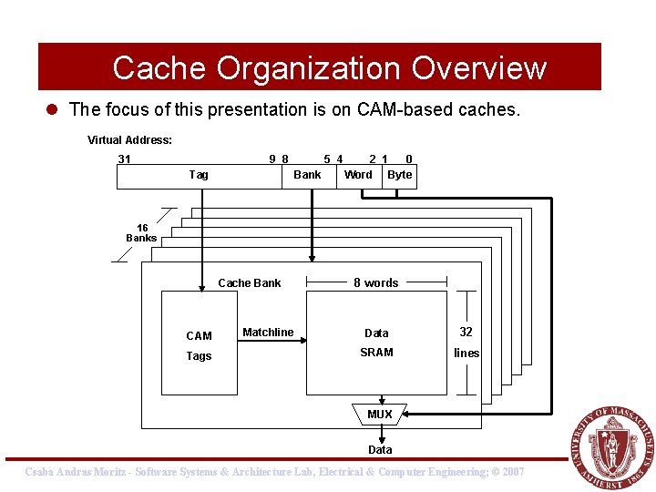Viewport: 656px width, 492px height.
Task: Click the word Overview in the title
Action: (478, 68)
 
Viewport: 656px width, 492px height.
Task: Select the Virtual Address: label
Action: (129, 140)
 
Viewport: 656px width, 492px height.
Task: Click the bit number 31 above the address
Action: (125, 159)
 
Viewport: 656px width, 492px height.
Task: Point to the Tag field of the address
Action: (198, 175)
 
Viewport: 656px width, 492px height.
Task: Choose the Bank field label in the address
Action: (307, 175)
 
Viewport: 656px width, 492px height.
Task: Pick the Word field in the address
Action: (358, 175)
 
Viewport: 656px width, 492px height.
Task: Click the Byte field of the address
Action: (399, 175)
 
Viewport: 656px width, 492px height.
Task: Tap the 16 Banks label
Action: (141, 233)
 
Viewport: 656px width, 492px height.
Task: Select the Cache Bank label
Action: (250, 283)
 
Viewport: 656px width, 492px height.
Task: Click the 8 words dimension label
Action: (376, 283)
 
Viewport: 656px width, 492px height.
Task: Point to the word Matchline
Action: (268, 333)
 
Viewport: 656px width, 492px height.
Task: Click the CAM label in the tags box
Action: (199, 336)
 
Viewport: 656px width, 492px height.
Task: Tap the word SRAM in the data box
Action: (376, 353)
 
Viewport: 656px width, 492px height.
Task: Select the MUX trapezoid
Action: (380, 415)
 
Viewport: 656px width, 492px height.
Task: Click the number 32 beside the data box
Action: (466, 333)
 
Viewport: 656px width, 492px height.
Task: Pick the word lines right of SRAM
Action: (466, 354)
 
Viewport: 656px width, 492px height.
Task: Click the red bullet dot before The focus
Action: (54, 110)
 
